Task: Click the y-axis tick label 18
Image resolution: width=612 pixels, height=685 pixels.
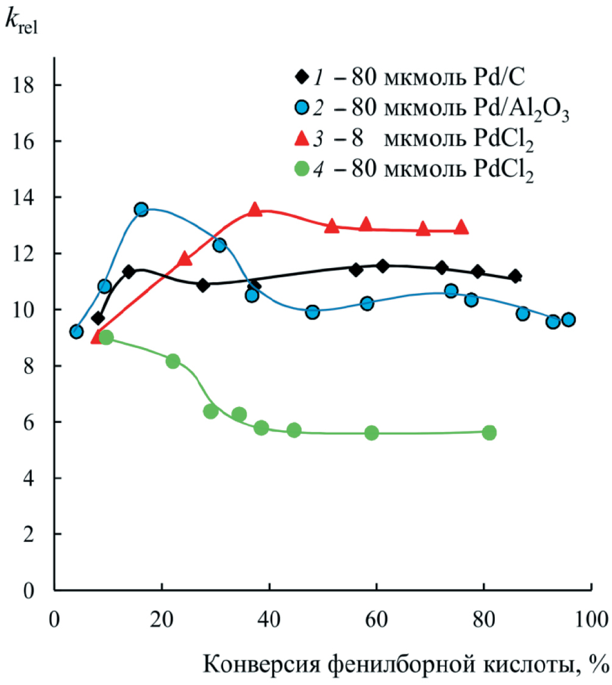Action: pos(26,85)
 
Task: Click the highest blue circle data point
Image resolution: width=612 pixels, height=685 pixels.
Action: pos(141,210)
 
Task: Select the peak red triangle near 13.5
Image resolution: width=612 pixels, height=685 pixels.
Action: pos(255,210)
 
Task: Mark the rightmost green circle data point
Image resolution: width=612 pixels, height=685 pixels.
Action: pos(489,432)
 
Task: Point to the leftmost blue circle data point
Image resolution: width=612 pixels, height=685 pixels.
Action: pos(76,332)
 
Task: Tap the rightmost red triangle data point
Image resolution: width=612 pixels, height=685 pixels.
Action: pos(461,227)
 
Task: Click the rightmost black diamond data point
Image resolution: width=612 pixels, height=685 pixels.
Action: pos(515,276)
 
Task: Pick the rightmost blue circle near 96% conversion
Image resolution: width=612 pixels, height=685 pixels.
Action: pos(568,319)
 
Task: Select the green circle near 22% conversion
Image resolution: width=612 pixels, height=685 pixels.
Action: pos(173,361)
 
